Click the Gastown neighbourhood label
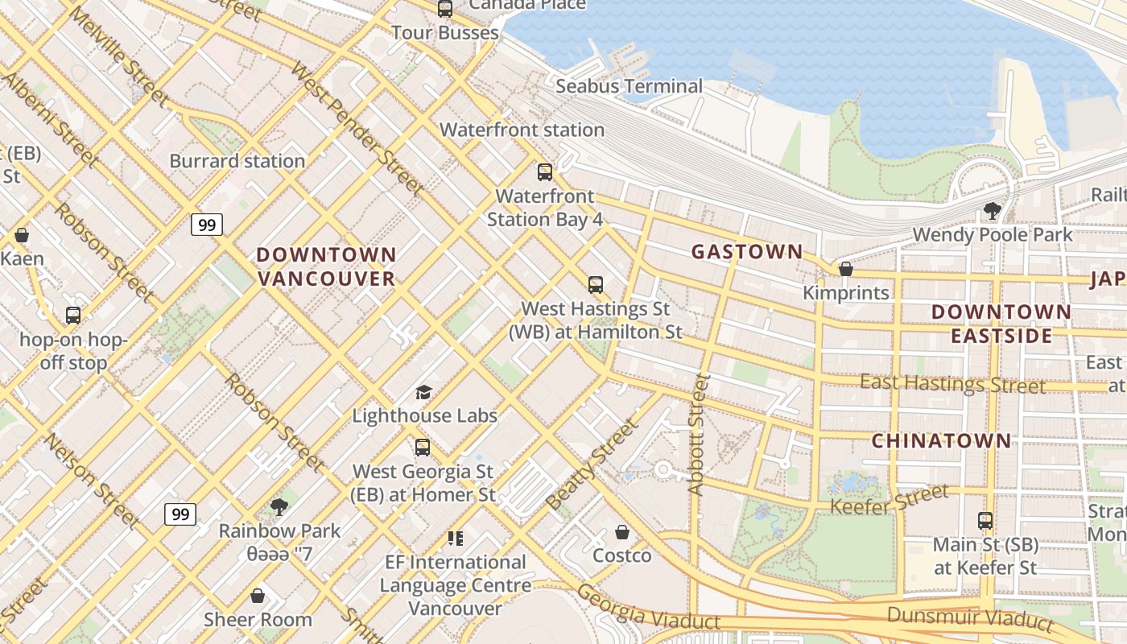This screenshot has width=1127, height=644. [x=747, y=252]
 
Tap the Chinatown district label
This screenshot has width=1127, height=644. [x=941, y=440]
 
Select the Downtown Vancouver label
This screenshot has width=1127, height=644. [x=326, y=266]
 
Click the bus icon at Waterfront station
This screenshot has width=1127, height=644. [x=545, y=171]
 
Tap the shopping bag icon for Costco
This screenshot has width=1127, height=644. [x=621, y=532]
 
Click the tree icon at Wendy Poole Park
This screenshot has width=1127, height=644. [x=992, y=211]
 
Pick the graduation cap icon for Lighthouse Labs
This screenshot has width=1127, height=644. [x=423, y=392]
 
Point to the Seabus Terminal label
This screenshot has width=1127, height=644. [x=629, y=86]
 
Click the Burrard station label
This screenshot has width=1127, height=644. [x=237, y=161]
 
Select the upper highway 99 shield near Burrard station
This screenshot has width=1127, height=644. [x=207, y=225]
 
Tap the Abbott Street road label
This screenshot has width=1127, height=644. [x=697, y=435]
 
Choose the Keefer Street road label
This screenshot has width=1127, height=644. [x=890, y=500]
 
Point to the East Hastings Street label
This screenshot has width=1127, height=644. [x=952, y=383]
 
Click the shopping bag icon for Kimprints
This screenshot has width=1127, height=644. [x=845, y=269]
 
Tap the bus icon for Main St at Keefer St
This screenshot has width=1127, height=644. [x=985, y=521]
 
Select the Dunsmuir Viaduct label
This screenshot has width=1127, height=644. [x=970, y=618]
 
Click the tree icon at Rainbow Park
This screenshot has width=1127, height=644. [x=279, y=507]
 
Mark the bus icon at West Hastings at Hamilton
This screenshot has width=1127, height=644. [x=596, y=284]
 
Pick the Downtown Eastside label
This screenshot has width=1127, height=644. [x=1001, y=324]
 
